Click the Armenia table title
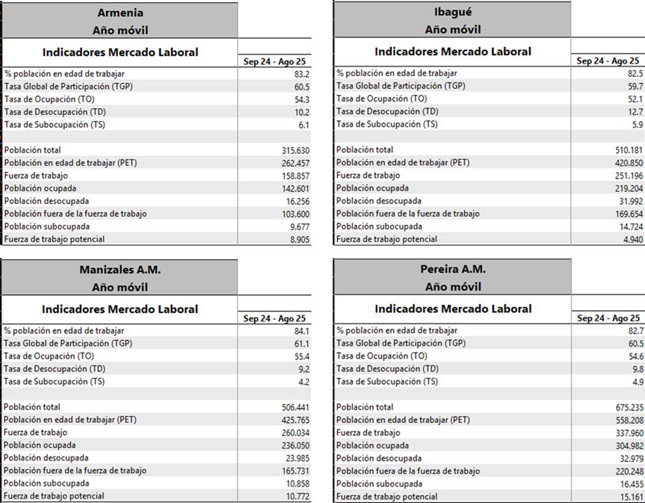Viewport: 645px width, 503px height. [120, 13]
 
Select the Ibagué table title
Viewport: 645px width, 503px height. [452, 13]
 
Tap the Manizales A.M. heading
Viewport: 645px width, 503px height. [120, 270]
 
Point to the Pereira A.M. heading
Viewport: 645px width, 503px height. [452, 270]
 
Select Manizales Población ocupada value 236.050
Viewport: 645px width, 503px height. [291, 445]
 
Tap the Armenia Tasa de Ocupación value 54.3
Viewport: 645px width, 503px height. [302, 99]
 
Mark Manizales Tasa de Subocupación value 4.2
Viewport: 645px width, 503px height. [304, 382]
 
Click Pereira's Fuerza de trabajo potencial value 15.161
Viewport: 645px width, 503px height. [629, 496]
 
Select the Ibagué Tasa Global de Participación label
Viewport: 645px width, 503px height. [392, 87]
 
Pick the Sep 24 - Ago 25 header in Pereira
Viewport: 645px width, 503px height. [608, 318]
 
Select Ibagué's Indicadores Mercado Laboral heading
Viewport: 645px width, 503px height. [452, 52]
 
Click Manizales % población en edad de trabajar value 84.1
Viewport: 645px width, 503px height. [303, 331]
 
